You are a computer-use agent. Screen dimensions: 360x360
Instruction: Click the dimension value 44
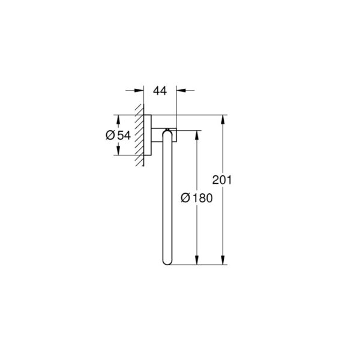click(x=160, y=91)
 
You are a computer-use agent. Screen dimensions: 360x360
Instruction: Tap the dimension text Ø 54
click(x=118, y=135)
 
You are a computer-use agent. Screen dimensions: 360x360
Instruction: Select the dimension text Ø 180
click(x=197, y=198)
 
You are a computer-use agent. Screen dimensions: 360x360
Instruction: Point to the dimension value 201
click(x=222, y=180)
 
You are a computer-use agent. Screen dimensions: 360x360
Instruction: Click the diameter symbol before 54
click(x=110, y=135)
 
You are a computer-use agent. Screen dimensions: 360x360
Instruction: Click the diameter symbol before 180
click(x=185, y=198)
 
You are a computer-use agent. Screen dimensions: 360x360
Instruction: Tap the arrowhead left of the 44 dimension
click(x=139, y=91)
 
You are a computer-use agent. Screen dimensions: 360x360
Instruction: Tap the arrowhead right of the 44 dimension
click(x=181, y=91)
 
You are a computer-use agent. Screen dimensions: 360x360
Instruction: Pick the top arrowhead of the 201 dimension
click(x=222, y=119)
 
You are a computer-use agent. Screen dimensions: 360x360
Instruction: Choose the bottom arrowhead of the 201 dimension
click(x=222, y=260)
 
